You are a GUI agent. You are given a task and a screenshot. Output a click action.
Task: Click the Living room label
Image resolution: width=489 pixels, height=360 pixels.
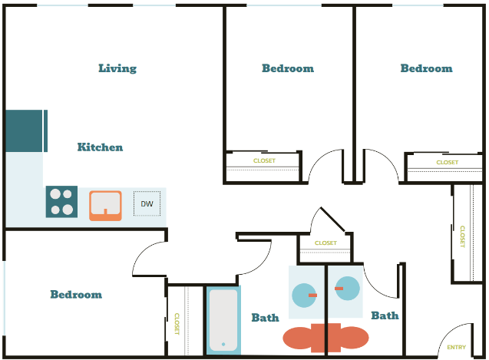tap(117, 68)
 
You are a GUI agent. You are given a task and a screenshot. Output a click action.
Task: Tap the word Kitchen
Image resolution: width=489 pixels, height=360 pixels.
tap(100, 147)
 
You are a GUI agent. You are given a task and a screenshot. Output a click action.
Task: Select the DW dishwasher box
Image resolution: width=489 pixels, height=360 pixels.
tap(147, 203)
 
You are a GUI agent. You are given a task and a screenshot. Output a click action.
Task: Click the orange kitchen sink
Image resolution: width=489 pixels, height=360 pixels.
tap(105, 205)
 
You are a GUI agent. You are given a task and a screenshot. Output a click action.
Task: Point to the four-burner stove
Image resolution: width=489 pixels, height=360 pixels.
tap(61, 202)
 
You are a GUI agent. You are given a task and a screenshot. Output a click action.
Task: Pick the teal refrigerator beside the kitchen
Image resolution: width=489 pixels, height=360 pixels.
tap(26, 130)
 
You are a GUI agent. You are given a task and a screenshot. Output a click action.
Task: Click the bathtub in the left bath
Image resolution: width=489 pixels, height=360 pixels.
tap(223, 320)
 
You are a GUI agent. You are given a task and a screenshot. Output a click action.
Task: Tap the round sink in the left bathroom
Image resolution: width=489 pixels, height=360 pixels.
tap(305, 294)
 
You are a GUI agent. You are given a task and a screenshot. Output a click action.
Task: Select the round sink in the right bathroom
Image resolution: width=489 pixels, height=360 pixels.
tap(347, 288)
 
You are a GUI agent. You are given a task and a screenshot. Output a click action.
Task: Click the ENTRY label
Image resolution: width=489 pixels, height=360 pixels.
tap(456, 347)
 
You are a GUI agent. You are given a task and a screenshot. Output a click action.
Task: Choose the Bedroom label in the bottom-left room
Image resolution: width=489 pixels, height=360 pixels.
tap(76, 294)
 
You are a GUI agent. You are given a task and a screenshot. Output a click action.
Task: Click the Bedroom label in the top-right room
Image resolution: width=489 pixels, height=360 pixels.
tap(426, 68)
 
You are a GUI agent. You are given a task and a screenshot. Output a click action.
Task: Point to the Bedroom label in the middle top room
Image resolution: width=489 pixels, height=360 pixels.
tap(288, 68)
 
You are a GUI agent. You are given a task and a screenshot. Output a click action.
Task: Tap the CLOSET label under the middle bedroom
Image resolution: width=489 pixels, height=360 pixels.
tap(264, 160)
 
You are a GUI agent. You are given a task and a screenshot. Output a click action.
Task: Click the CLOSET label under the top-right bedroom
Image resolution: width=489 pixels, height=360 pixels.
tap(447, 162)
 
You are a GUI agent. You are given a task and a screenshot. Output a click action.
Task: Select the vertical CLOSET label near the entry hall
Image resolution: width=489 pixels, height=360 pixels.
tap(462, 236)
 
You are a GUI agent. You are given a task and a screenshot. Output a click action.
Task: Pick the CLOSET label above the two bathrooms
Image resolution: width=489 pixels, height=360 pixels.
tap(325, 243)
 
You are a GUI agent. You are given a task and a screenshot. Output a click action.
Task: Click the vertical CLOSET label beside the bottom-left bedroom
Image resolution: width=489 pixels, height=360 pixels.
tap(176, 323)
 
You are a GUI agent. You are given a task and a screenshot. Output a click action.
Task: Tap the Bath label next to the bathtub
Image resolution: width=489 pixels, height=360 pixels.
tap(265, 317)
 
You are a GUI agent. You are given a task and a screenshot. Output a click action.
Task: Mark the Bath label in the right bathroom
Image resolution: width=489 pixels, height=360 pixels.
tap(385, 315)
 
